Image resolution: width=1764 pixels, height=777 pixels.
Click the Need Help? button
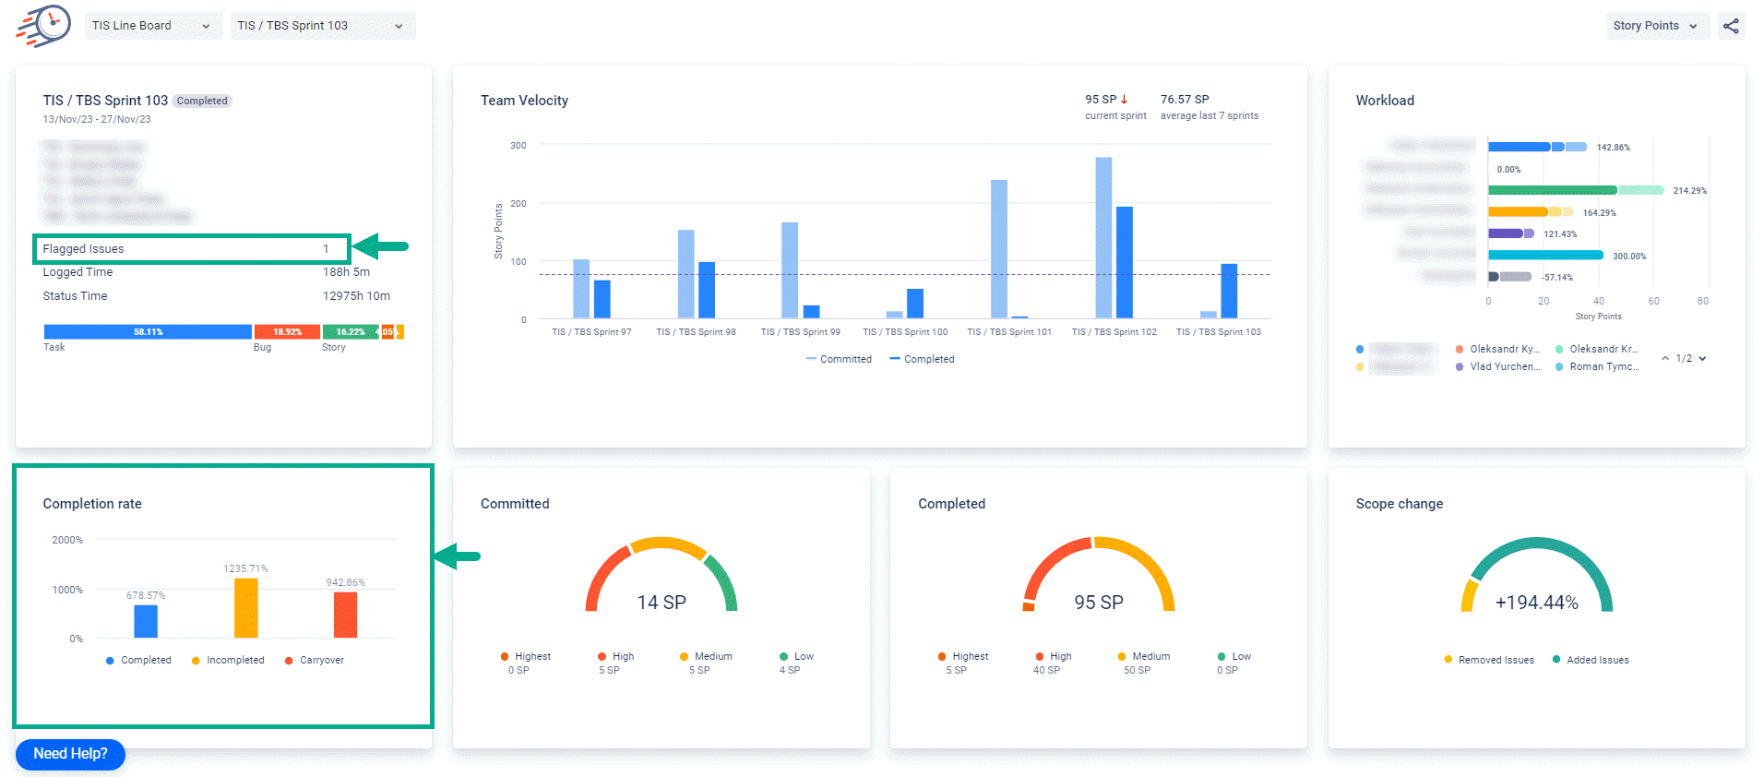[x=70, y=754]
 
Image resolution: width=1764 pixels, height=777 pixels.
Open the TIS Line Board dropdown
[x=152, y=26]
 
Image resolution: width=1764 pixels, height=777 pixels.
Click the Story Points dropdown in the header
[x=1656, y=26]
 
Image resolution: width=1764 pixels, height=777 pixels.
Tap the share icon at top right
[x=1731, y=26]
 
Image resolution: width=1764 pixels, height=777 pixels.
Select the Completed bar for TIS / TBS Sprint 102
[x=1124, y=262]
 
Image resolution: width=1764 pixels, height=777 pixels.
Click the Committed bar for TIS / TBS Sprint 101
[x=999, y=249]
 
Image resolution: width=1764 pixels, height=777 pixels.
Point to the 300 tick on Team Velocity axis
[x=518, y=145]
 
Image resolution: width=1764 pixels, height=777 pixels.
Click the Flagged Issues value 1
[x=326, y=249]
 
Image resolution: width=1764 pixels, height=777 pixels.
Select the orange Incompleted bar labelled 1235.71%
[x=246, y=608]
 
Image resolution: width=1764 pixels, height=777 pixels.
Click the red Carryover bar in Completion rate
[x=345, y=615]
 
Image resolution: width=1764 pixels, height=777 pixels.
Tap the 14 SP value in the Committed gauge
[x=661, y=603]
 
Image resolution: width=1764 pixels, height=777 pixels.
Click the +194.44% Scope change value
[x=1536, y=603]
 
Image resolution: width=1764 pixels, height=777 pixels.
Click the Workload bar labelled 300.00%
[x=1545, y=256]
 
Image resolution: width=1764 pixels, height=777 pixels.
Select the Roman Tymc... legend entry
[x=1603, y=366]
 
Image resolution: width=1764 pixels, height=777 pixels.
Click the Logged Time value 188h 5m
[x=346, y=272]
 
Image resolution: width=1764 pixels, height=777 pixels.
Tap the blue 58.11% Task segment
[x=148, y=331]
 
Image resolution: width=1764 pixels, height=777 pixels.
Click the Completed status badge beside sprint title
[x=202, y=101]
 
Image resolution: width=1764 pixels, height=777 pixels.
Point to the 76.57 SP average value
[x=1185, y=99]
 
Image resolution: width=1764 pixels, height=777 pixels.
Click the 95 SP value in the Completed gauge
[x=1098, y=603]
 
